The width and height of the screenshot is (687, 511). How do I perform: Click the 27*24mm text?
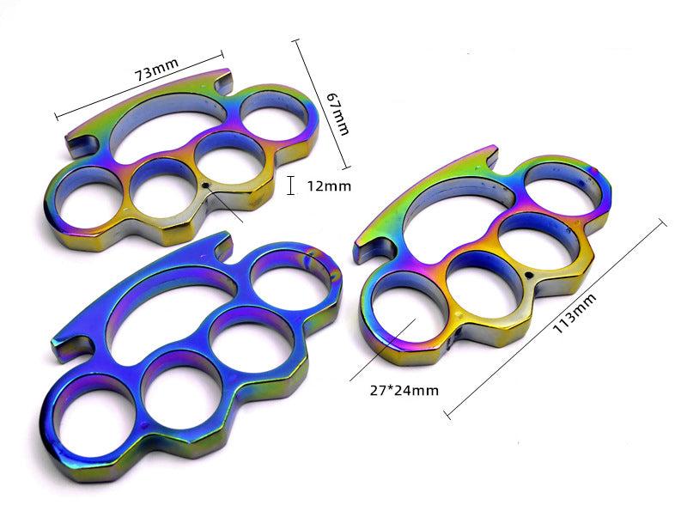click(x=404, y=389)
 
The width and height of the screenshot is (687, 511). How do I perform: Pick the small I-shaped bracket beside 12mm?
click(x=292, y=185)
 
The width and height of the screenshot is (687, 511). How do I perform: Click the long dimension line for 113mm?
click(x=556, y=318)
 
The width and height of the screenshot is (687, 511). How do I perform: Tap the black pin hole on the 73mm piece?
click(x=206, y=185)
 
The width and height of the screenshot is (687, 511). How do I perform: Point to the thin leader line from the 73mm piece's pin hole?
click(x=225, y=204)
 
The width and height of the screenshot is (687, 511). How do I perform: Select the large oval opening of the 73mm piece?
click(x=167, y=130)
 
